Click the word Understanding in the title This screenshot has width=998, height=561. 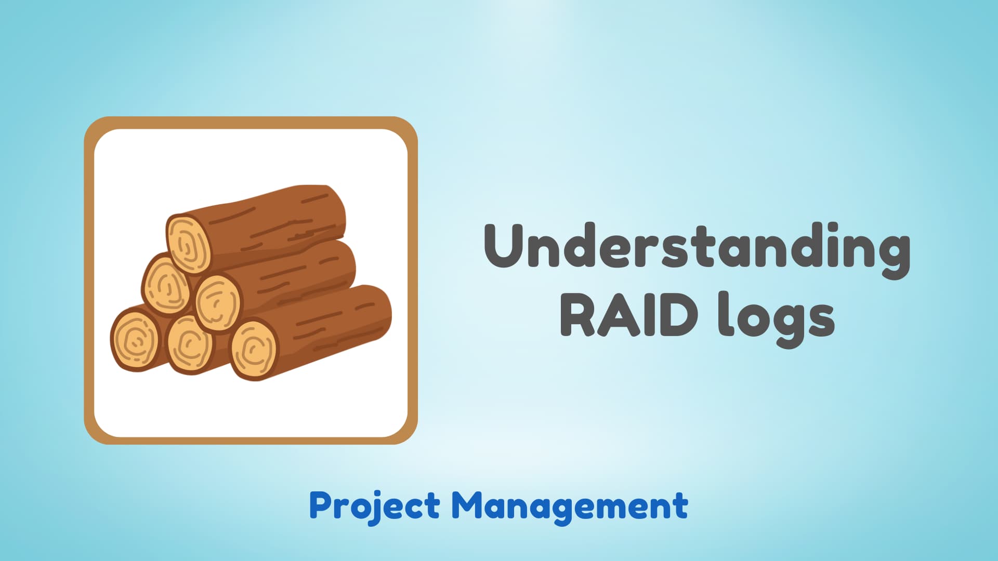point(697,247)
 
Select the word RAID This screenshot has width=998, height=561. point(629,314)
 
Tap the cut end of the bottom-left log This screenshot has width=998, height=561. point(135,339)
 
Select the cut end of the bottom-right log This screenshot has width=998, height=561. point(253,349)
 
